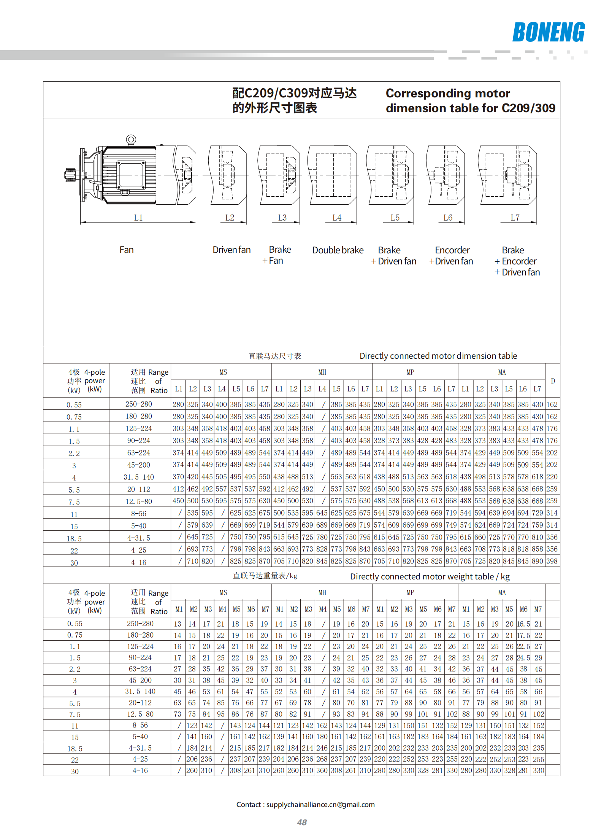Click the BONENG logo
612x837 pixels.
[x=548, y=32]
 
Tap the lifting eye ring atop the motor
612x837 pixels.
[x=131, y=140]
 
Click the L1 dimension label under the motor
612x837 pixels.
[x=138, y=218]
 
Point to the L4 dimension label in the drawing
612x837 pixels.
[x=337, y=218]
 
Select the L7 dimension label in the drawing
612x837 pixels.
[x=515, y=218]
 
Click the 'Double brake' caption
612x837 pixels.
[x=338, y=250]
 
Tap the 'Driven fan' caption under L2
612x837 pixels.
[x=231, y=250]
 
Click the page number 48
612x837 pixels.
[x=302, y=822]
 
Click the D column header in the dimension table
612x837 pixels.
[x=553, y=381]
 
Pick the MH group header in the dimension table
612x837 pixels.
[x=322, y=372]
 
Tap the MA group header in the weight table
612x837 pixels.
[x=502, y=592]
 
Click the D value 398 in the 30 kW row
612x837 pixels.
[x=552, y=561]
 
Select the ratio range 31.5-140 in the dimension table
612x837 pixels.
[x=139, y=477]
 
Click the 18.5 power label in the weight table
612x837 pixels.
[x=75, y=749]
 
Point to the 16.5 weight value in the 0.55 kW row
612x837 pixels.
[x=523, y=624]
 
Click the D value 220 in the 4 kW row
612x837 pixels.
[x=552, y=477]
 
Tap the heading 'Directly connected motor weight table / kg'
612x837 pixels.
[x=430, y=576]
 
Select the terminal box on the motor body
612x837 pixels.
[x=131, y=175]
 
